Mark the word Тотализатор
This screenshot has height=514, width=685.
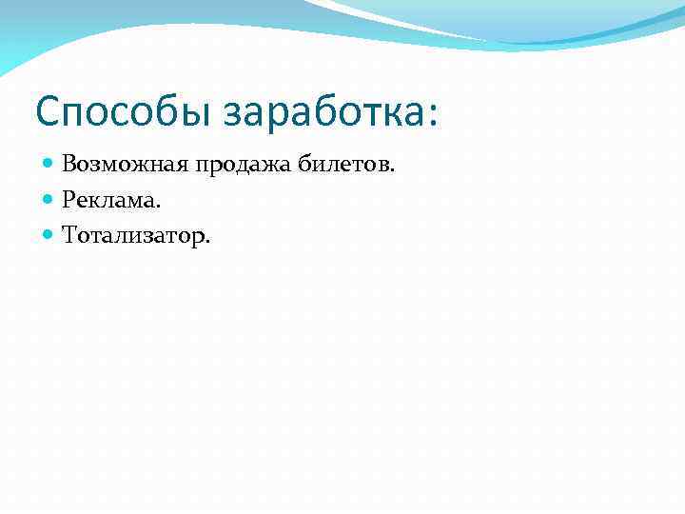click(x=132, y=234)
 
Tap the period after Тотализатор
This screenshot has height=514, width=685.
click(x=207, y=241)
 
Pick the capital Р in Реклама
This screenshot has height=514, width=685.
click(x=68, y=199)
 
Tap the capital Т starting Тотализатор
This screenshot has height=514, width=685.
click(x=69, y=234)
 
